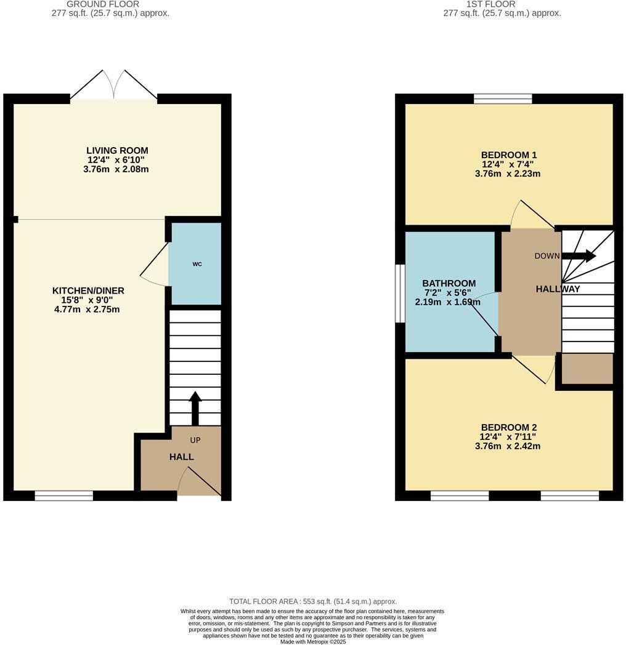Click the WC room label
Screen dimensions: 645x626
point(197,264)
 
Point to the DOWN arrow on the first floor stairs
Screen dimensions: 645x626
point(579,256)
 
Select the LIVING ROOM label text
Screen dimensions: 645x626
point(117,150)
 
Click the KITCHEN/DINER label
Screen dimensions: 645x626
point(88,290)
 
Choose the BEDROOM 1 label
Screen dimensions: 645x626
point(509,154)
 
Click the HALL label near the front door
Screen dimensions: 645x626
point(182,457)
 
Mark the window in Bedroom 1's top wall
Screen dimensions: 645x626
point(503,98)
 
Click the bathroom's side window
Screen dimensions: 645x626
point(400,294)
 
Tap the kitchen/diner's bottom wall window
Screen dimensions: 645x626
point(63,495)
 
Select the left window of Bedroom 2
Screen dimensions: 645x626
point(460,495)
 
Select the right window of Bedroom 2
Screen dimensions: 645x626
point(569,495)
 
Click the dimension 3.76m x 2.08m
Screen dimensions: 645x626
point(116,169)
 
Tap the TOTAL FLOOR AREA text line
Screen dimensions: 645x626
point(313,601)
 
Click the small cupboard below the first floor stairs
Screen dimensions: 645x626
point(587,369)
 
